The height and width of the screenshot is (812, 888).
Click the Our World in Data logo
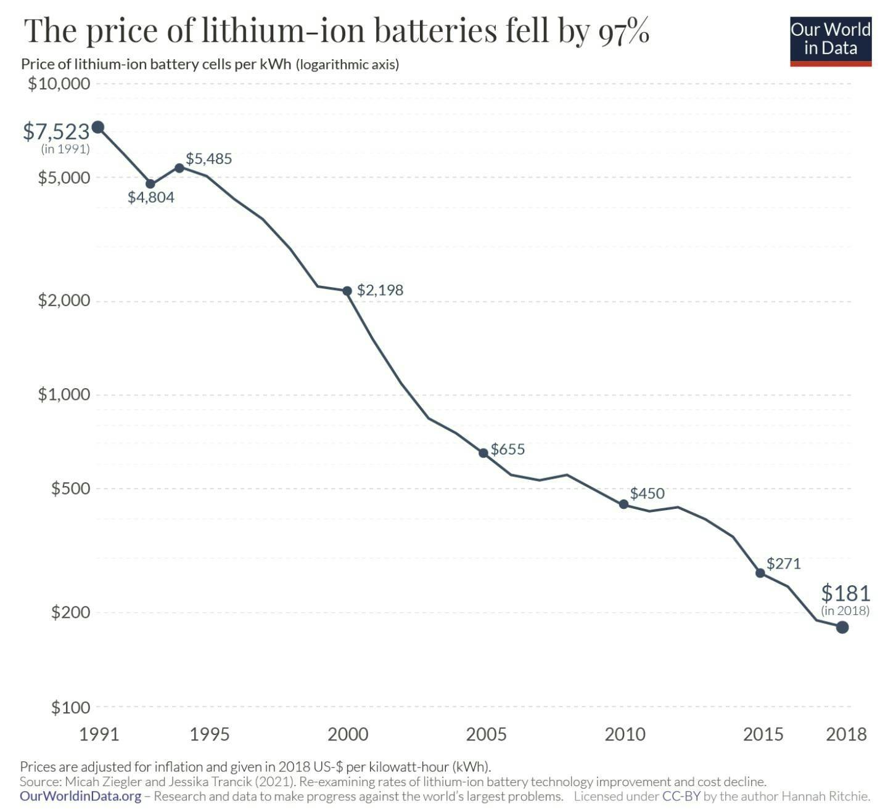coord(830,41)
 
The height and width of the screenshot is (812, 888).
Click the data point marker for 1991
coord(97,128)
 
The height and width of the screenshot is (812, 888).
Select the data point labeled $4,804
coord(150,184)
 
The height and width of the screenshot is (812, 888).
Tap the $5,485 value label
coord(209,159)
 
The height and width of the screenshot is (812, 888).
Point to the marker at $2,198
coord(347,291)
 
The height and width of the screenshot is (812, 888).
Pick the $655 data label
coord(508,449)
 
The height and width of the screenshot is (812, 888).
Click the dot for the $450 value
coord(623,504)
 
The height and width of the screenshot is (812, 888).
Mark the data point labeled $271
coord(760,573)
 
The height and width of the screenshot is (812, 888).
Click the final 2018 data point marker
coord(842,627)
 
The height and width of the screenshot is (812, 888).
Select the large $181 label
coord(845,593)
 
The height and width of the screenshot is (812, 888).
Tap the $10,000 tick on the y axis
coord(59,83)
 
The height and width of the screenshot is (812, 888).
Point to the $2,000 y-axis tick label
coord(64,301)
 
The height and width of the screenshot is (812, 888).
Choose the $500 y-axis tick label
coord(70,489)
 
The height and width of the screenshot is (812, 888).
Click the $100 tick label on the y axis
coord(70,707)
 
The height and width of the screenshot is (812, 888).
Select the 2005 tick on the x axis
coord(486,734)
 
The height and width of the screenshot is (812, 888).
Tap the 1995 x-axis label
coord(210,734)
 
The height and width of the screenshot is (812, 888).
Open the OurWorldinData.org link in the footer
coord(81,796)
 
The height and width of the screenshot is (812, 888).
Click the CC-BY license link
coord(681,796)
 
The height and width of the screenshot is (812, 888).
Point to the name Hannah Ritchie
coord(826,796)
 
